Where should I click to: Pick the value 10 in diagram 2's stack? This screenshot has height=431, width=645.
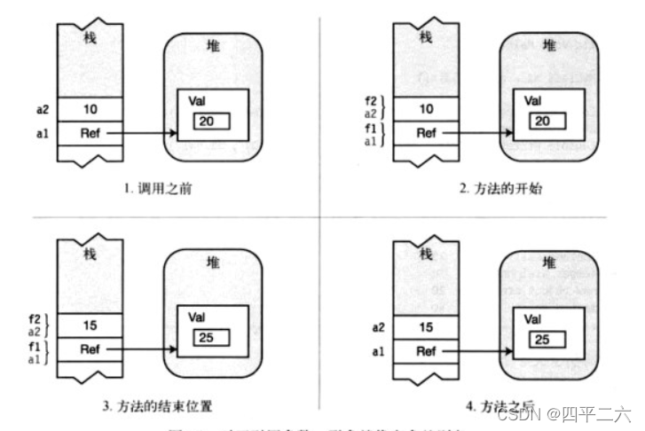(x=427, y=109)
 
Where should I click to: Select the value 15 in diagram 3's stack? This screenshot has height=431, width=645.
(x=89, y=325)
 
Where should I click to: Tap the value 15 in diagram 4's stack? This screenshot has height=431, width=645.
(x=427, y=328)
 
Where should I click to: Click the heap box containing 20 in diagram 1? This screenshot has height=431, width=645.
(x=213, y=121)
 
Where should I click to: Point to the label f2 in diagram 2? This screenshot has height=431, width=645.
(x=372, y=99)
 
